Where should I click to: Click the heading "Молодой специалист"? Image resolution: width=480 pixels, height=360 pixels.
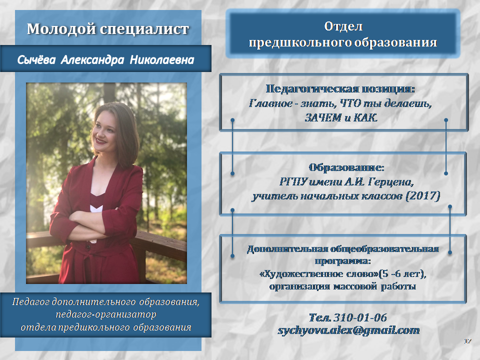(108, 29)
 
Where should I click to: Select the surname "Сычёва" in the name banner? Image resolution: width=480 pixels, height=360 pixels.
(36, 59)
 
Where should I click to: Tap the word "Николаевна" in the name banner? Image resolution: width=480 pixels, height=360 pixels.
(162, 59)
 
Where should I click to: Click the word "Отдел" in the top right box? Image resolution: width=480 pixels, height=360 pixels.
(343, 26)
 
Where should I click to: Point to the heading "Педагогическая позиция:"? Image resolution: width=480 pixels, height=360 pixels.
(340, 89)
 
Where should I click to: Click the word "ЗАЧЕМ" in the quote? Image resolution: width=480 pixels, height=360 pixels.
(323, 117)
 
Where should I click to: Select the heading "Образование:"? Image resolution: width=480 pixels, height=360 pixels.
(346, 167)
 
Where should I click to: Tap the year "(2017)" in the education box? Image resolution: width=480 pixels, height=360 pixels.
(423, 195)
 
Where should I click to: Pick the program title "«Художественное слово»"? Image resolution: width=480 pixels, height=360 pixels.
(319, 273)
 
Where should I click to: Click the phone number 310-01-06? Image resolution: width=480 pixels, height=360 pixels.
(360, 317)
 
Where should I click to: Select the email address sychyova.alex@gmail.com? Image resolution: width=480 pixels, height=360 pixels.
(348, 330)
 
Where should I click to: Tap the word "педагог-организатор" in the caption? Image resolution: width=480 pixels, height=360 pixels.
(106, 314)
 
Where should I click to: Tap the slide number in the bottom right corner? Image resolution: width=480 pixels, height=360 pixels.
(467, 341)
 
